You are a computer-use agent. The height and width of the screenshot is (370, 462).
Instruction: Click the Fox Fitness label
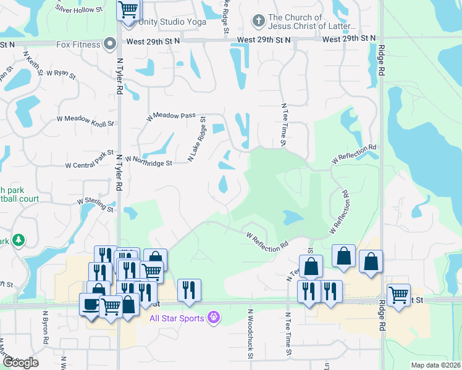(x=78, y=44)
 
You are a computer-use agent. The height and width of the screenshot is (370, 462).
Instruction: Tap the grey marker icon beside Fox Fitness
(x=110, y=44)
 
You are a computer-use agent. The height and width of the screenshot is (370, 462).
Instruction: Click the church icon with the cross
(x=258, y=22)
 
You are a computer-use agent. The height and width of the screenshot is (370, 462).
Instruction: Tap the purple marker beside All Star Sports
(x=214, y=318)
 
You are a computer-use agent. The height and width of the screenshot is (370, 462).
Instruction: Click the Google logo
(x=20, y=363)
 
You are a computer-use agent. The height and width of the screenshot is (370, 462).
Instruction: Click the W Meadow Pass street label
(x=170, y=116)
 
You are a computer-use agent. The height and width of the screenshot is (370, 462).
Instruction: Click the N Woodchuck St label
(x=251, y=334)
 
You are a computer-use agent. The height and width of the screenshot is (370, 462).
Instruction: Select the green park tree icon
(x=19, y=240)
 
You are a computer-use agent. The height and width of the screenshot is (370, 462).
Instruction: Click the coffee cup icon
(x=91, y=305)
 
